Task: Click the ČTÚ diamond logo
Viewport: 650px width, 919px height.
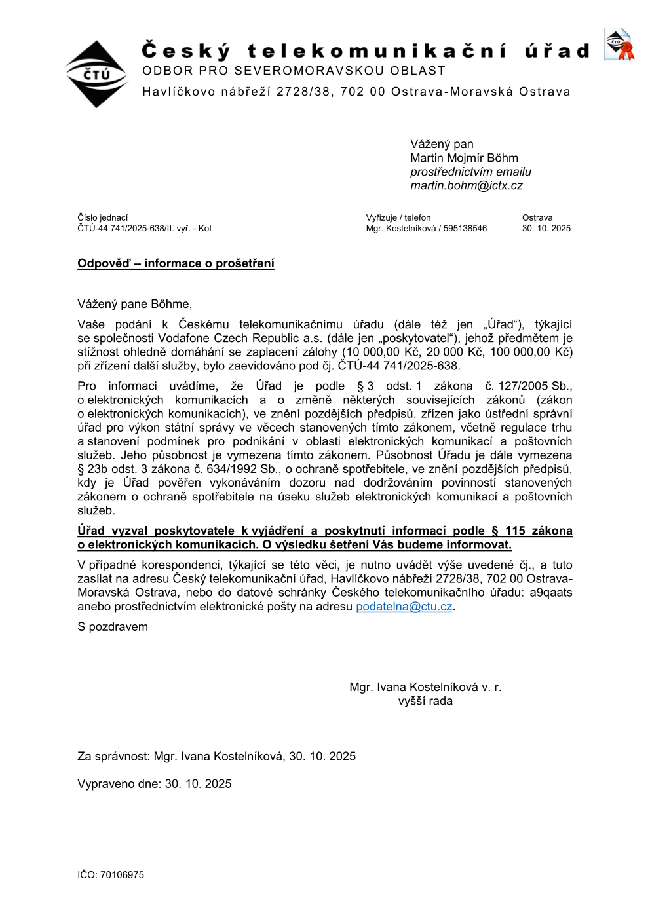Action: click(x=97, y=74)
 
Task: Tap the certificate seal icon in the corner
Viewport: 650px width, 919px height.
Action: click(x=619, y=45)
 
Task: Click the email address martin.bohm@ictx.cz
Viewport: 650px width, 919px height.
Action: click(x=466, y=186)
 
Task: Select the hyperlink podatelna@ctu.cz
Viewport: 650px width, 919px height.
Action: click(x=404, y=607)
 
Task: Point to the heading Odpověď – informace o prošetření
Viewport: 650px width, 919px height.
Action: click(x=176, y=263)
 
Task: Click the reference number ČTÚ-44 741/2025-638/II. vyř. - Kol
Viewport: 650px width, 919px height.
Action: click(x=144, y=229)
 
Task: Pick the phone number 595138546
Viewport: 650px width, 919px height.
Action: click(x=465, y=229)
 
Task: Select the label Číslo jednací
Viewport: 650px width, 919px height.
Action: click(x=103, y=218)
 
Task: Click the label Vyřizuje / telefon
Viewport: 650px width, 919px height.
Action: click(x=398, y=218)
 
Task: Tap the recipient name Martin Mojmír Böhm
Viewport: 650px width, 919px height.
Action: click(x=464, y=159)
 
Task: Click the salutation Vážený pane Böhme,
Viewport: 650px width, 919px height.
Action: click(x=134, y=304)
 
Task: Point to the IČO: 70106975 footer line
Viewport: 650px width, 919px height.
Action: click(x=111, y=875)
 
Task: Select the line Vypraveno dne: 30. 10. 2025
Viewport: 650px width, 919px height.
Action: click(x=154, y=784)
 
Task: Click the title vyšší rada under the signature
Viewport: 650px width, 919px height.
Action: click(x=425, y=702)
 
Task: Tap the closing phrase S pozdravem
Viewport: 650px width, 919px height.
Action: click(x=113, y=627)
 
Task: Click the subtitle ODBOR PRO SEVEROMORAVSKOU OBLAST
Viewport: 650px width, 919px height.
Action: click(x=294, y=71)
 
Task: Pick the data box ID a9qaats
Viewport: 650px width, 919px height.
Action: click(x=550, y=593)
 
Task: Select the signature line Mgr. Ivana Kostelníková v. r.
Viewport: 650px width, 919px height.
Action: click(x=425, y=687)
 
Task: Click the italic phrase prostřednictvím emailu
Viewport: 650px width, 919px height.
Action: click(x=470, y=172)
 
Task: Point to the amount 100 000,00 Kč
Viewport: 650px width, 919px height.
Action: click(x=531, y=352)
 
